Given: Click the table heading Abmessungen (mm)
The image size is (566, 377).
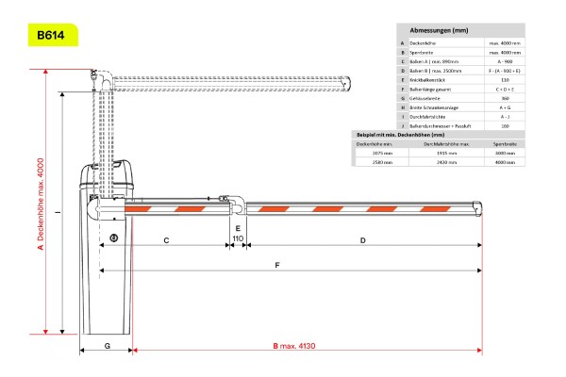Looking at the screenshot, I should pos(440,31).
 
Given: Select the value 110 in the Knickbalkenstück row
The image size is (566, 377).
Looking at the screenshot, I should pos(505,80).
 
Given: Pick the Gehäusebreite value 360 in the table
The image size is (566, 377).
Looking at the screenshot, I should pos(505,98).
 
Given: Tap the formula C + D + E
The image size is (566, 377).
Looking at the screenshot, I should pos(505,89).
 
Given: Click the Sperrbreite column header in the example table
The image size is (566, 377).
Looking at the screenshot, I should pos(505,142).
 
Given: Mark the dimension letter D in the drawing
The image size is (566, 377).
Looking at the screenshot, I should pos(363,241).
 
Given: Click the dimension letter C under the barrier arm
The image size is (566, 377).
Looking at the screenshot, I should pos(166,241).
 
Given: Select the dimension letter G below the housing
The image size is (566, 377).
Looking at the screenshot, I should pos(107,346).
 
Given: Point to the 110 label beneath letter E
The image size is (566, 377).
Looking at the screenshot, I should pos(238,240).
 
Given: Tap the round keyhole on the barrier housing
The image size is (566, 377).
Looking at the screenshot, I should pos(113,237).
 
